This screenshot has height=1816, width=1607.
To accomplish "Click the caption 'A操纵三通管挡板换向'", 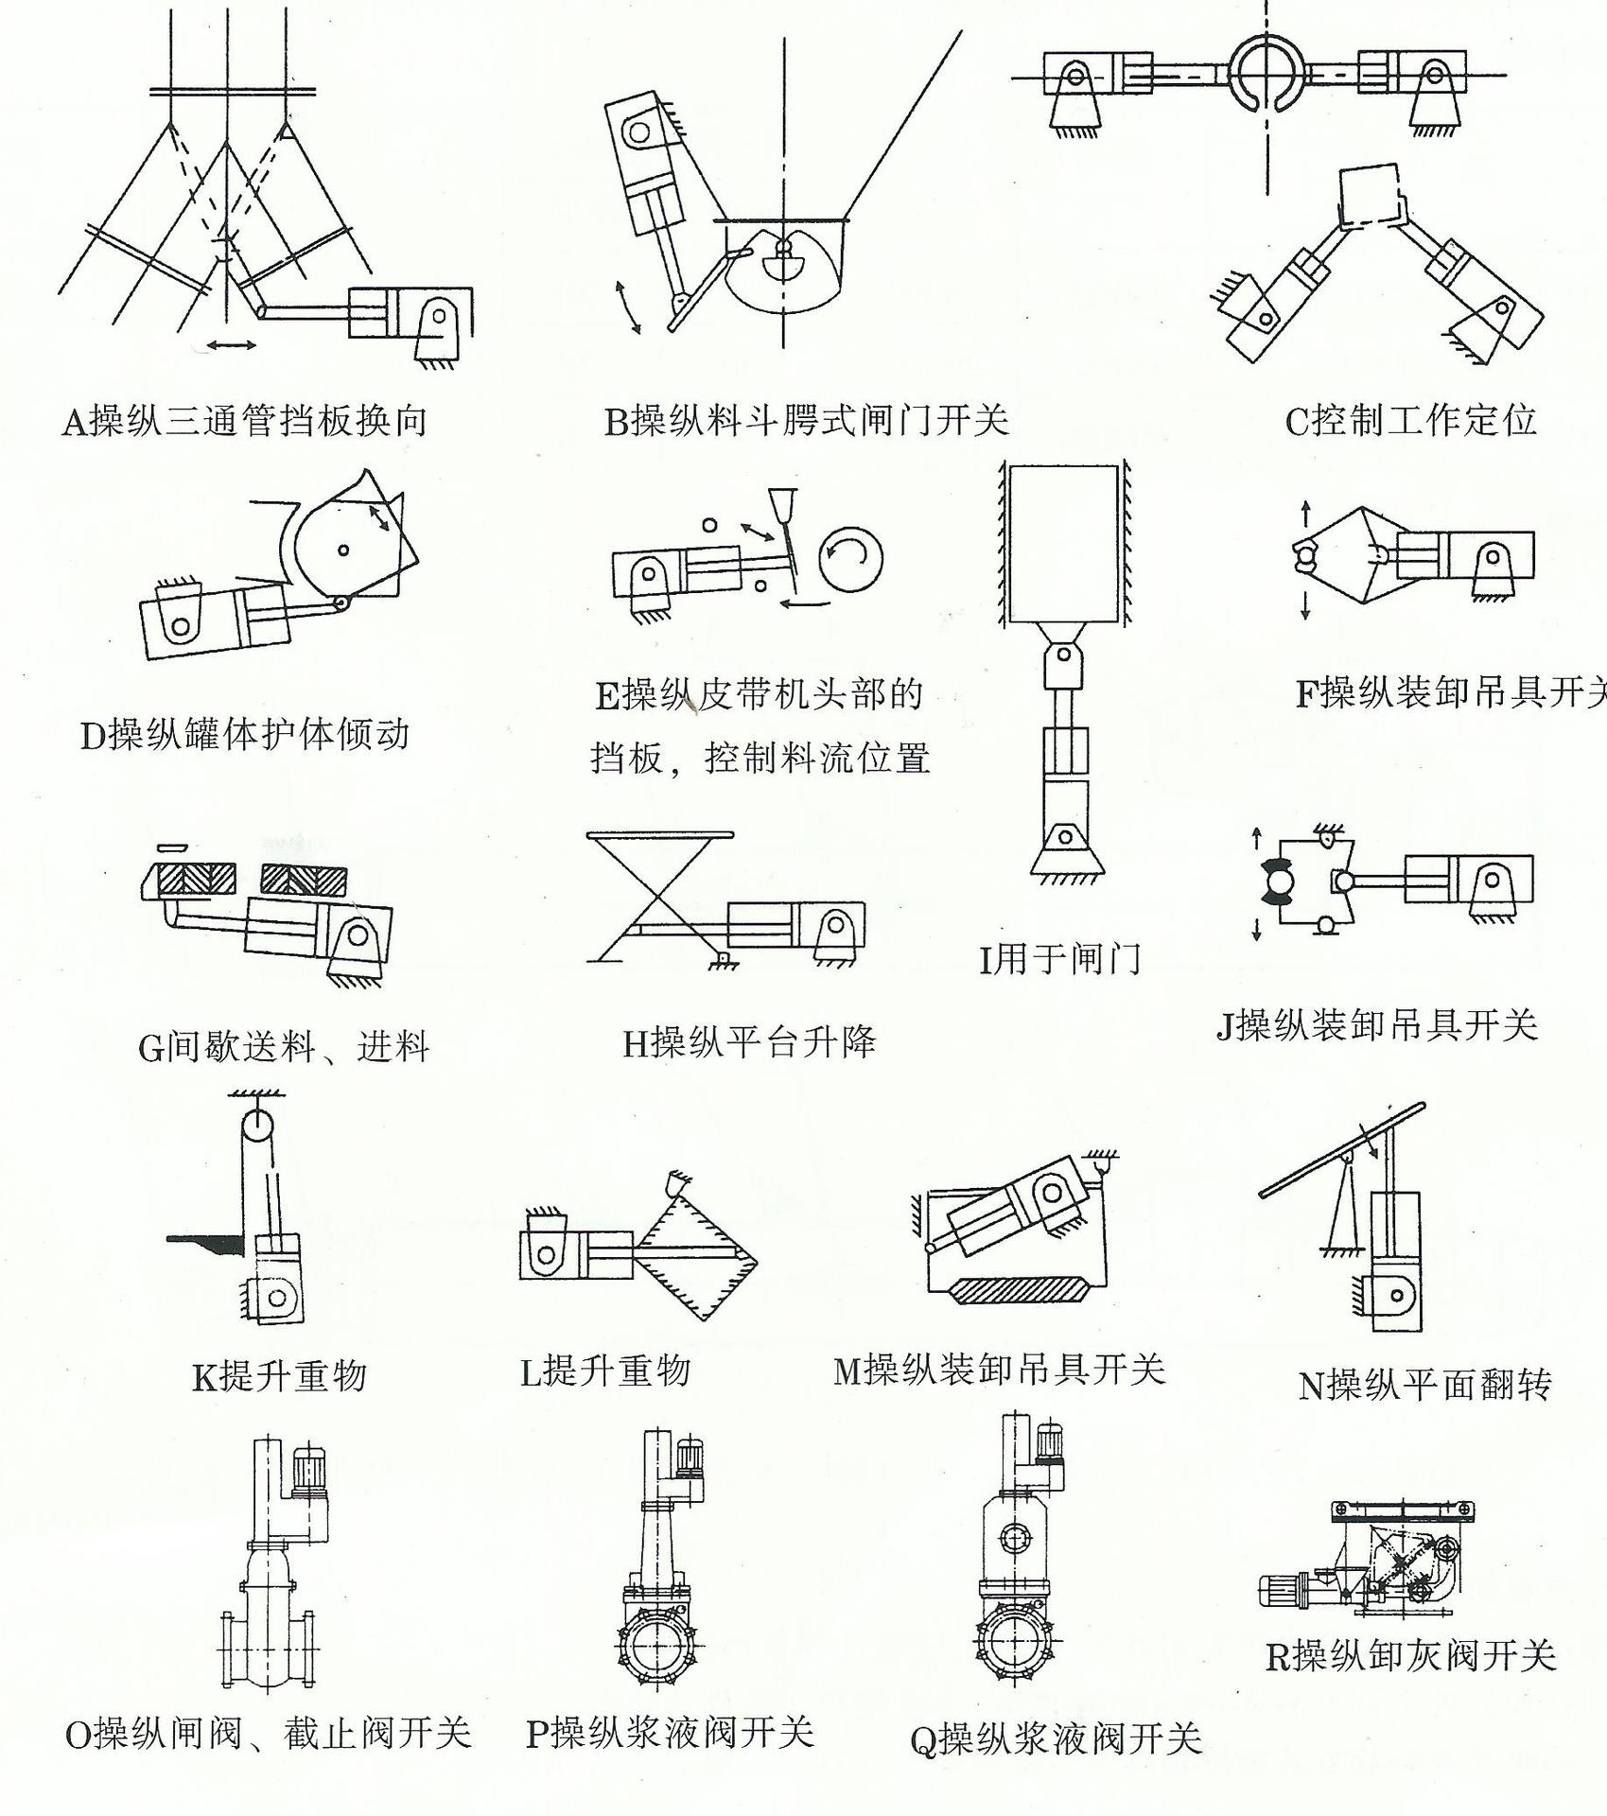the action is [x=245, y=420].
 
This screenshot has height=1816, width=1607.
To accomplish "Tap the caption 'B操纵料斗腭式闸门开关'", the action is [x=807, y=420].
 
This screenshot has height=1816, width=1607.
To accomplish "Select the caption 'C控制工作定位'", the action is [x=1410, y=420].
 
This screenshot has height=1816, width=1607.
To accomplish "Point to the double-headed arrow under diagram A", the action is [x=232, y=344].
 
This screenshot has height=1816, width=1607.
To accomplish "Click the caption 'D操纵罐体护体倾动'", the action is [x=245, y=734].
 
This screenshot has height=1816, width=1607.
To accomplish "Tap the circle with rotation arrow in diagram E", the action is [x=851, y=559].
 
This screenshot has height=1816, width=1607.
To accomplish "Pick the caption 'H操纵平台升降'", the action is [x=749, y=1042].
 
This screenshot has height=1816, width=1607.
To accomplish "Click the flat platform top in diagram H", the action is [x=659, y=835].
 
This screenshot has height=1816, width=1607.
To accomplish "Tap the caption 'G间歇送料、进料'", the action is [x=284, y=1047].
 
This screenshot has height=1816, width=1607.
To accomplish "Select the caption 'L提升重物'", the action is [x=605, y=1371].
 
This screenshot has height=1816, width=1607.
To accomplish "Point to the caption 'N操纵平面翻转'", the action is [x=1425, y=1386].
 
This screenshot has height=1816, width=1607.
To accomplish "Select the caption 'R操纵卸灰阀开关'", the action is [x=1410, y=1655].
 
